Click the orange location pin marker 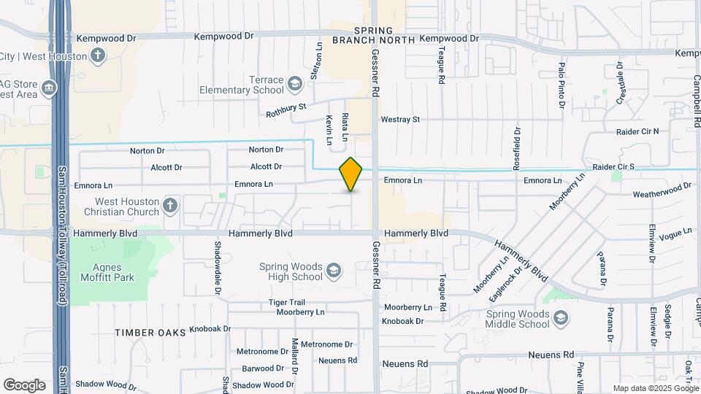coord(350,174)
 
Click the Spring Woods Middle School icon coord(560,318)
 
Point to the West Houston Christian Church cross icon coord(170,206)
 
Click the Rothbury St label coord(286,110)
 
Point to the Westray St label coord(400,119)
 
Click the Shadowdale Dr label coord(218,268)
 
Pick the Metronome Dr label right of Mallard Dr coord(326,344)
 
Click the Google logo coord(25,385)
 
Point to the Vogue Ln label coord(675,234)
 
